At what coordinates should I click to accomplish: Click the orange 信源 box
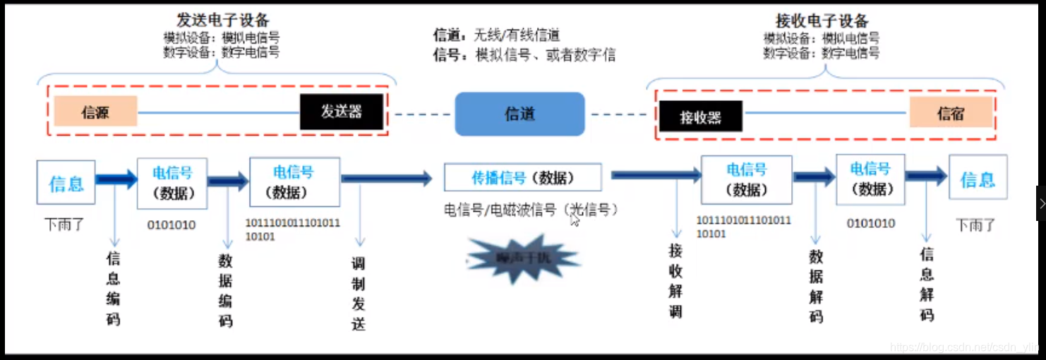(x=95, y=112)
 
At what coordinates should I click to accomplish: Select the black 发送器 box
(x=342, y=112)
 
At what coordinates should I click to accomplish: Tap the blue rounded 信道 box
(x=519, y=114)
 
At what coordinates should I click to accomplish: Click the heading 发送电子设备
(x=222, y=20)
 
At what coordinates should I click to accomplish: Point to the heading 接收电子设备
(x=822, y=20)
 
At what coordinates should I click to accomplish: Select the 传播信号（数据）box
(x=522, y=178)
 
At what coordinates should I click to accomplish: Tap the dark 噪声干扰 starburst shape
(x=523, y=260)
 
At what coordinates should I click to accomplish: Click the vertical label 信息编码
(x=113, y=288)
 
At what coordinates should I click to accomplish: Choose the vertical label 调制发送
(x=359, y=294)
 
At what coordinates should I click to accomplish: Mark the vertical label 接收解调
(x=675, y=280)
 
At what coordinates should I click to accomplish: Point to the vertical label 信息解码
(x=927, y=284)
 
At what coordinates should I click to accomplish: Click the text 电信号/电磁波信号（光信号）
(x=531, y=210)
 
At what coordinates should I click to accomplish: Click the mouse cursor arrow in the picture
(x=575, y=220)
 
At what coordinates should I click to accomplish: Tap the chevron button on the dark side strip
(x=1041, y=203)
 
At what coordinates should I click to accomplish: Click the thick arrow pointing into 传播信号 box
(x=387, y=179)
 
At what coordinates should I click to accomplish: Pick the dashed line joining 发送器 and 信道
(x=422, y=114)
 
